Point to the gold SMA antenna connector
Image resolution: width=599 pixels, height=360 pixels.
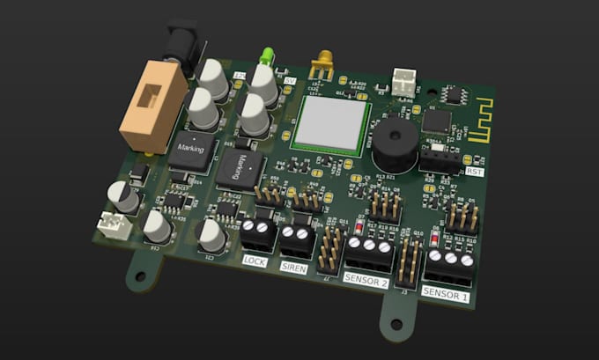click(321, 63)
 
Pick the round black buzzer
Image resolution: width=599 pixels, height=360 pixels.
click(391, 145)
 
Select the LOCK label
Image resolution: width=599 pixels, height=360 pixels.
click(255, 261)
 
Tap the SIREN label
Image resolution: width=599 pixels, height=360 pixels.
click(295, 268)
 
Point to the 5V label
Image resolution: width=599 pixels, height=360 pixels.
click(291, 81)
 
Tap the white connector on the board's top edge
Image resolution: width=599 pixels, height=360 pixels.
click(403, 84)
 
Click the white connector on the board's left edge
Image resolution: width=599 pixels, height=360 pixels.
click(115, 226)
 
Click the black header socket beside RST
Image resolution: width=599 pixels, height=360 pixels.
click(438, 158)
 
